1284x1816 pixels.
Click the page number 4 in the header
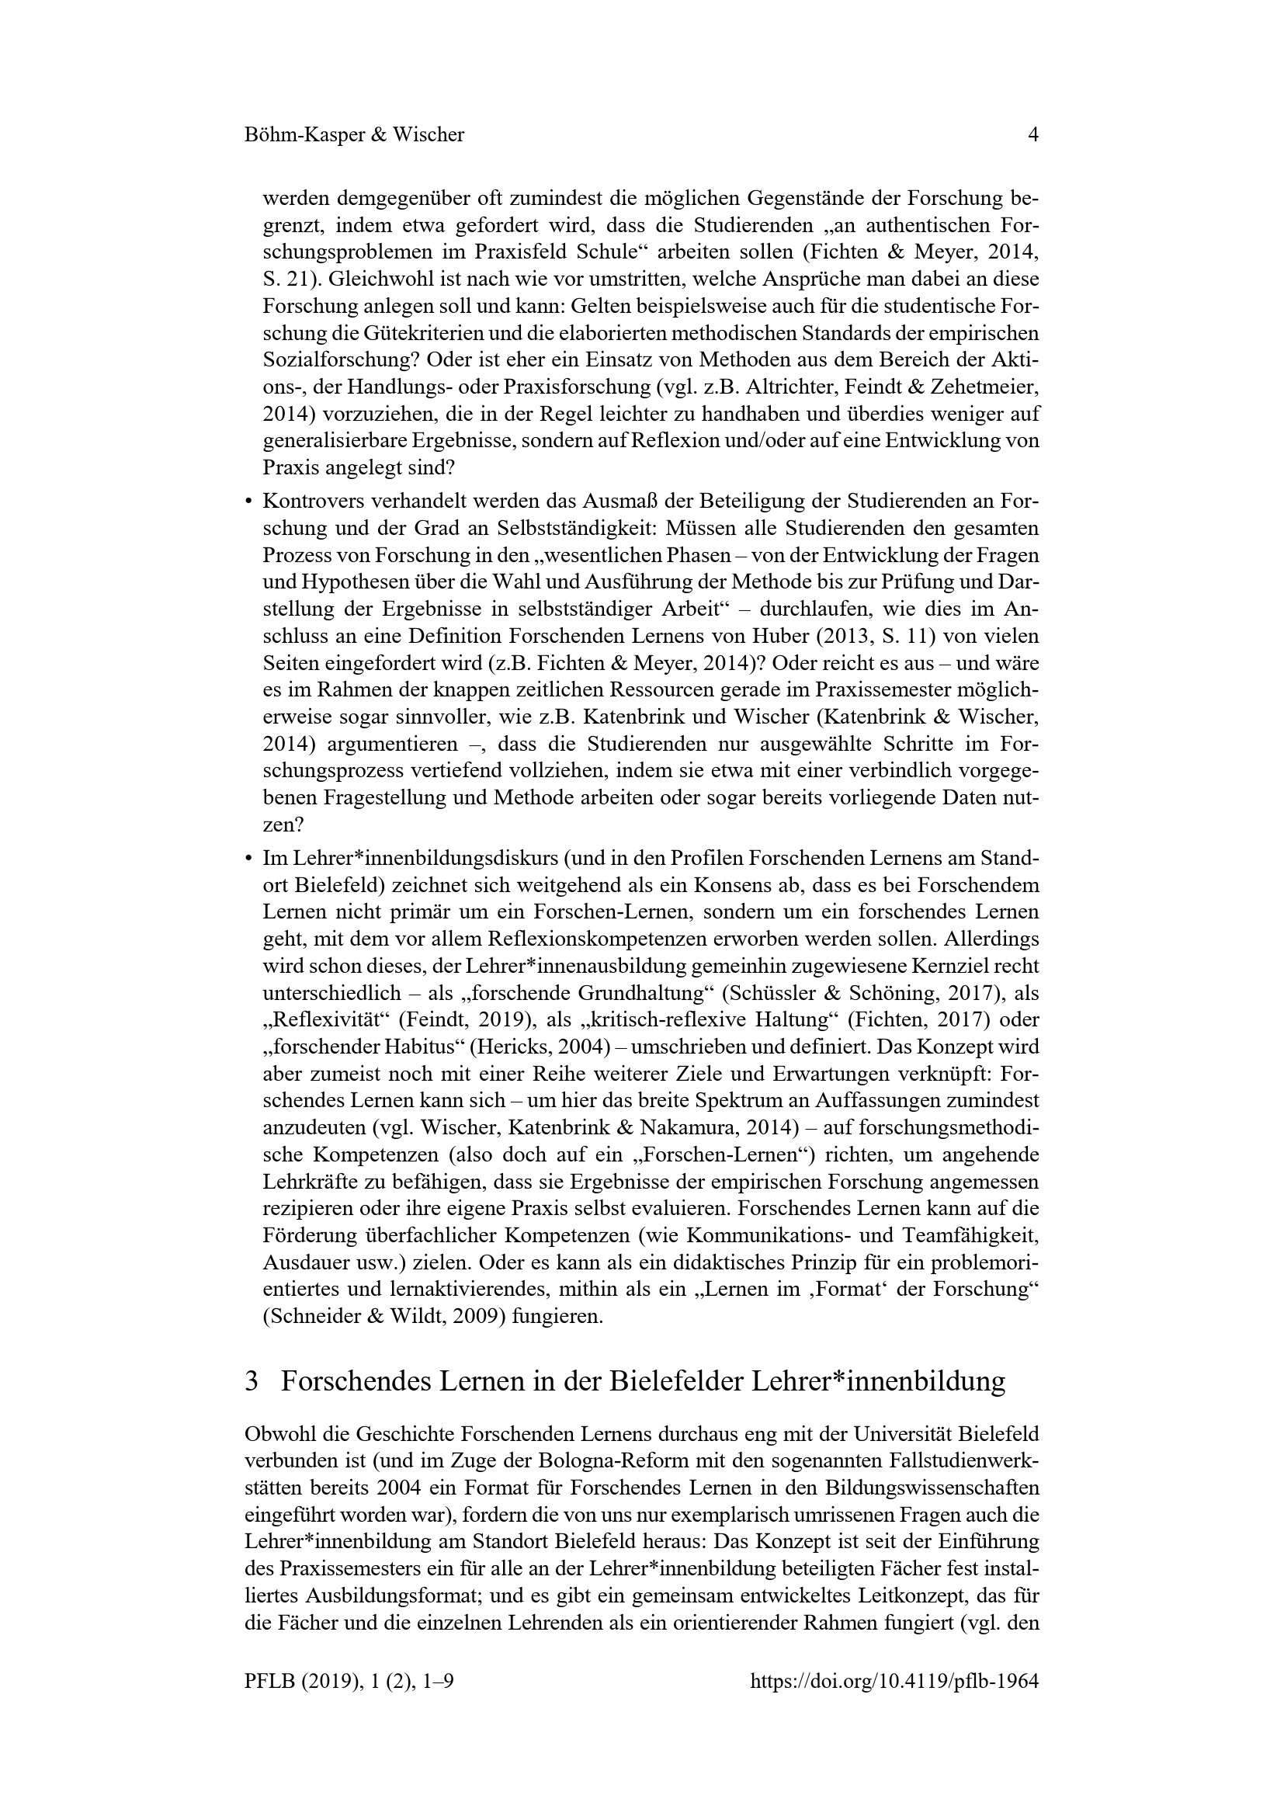tap(1032, 135)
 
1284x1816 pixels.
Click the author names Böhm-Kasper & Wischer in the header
tap(354, 135)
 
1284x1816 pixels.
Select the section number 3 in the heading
tap(252, 1382)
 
